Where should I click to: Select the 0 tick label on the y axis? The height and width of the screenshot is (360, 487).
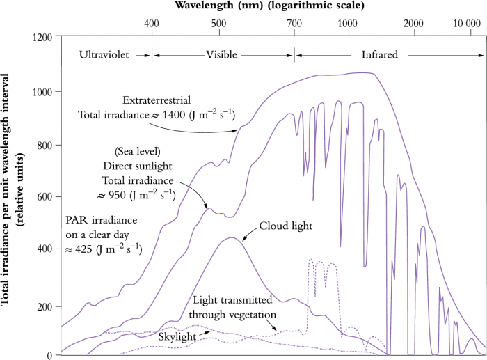50,355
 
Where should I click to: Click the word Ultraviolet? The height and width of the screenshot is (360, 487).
104,54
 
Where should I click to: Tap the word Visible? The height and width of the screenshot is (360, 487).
222,54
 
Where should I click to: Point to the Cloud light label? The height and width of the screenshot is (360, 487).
286,226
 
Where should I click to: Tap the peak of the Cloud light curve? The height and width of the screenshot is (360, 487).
231,239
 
